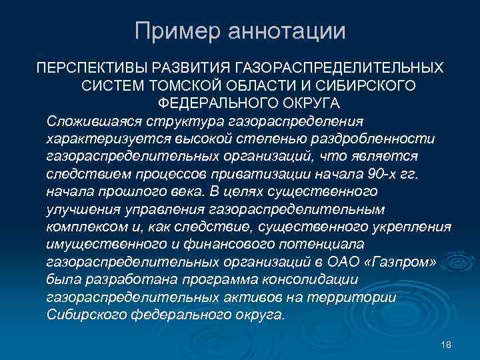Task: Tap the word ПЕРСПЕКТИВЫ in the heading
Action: [x=93, y=69]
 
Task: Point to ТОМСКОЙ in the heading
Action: [x=219, y=86]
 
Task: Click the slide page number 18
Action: [x=447, y=345]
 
